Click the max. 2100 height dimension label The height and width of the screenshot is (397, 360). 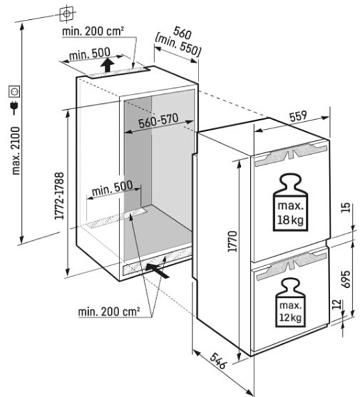coord(16,151)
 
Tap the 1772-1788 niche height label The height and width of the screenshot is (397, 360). coord(60,196)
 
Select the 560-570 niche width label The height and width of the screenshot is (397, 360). coord(159,120)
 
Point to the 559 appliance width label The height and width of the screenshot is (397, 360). coord(298,116)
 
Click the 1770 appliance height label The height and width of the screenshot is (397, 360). coord(232,242)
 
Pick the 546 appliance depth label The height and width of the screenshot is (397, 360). coord(218,361)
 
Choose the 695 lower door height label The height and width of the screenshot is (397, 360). coord(346,279)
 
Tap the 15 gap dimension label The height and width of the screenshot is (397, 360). coord(347,207)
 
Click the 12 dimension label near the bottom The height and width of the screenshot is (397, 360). coord(337,304)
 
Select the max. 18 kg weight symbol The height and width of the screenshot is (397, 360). coord(291,202)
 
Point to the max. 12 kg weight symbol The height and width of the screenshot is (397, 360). coord(291,303)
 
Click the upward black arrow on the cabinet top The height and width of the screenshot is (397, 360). coord(107,65)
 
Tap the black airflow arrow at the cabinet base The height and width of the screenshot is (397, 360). coord(157,270)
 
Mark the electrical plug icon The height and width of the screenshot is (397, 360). coord(15,108)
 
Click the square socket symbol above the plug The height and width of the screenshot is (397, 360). coord(14,91)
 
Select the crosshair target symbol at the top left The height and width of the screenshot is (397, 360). coord(67,13)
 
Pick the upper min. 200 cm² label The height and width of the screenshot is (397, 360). coord(93,31)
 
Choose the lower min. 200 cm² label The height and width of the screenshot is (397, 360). coord(109,311)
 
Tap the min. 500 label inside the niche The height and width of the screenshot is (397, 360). coord(112,188)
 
